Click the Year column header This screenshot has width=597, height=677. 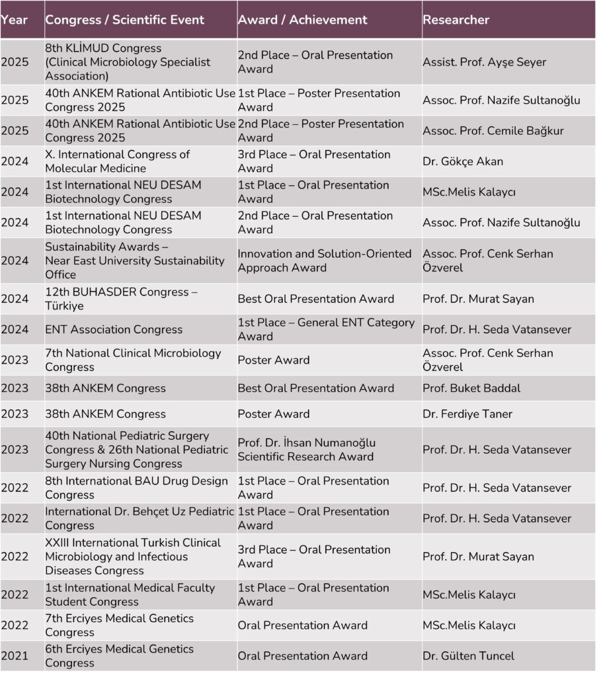click(x=14, y=20)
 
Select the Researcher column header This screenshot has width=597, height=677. click(x=456, y=20)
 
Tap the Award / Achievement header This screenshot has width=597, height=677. click(x=302, y=20)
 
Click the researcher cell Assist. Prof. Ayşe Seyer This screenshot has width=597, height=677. click(x=485, y=62)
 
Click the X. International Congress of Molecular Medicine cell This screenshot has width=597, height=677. click(x=118, y=161)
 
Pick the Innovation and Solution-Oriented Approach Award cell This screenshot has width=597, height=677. click(x=325, y=260)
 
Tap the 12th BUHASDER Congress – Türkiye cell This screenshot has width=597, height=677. click(x=121, y=299)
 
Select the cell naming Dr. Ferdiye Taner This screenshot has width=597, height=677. click(x=467, y=414)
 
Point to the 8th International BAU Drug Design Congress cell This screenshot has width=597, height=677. click(x=136, y=488)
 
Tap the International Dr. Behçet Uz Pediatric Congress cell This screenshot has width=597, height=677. click(x=139, y=518)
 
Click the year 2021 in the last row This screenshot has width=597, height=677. click(x=15, y=656)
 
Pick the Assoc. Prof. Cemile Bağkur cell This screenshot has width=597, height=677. click(x=493, y=131)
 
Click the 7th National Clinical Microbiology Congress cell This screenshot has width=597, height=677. click(x=133, y=360)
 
